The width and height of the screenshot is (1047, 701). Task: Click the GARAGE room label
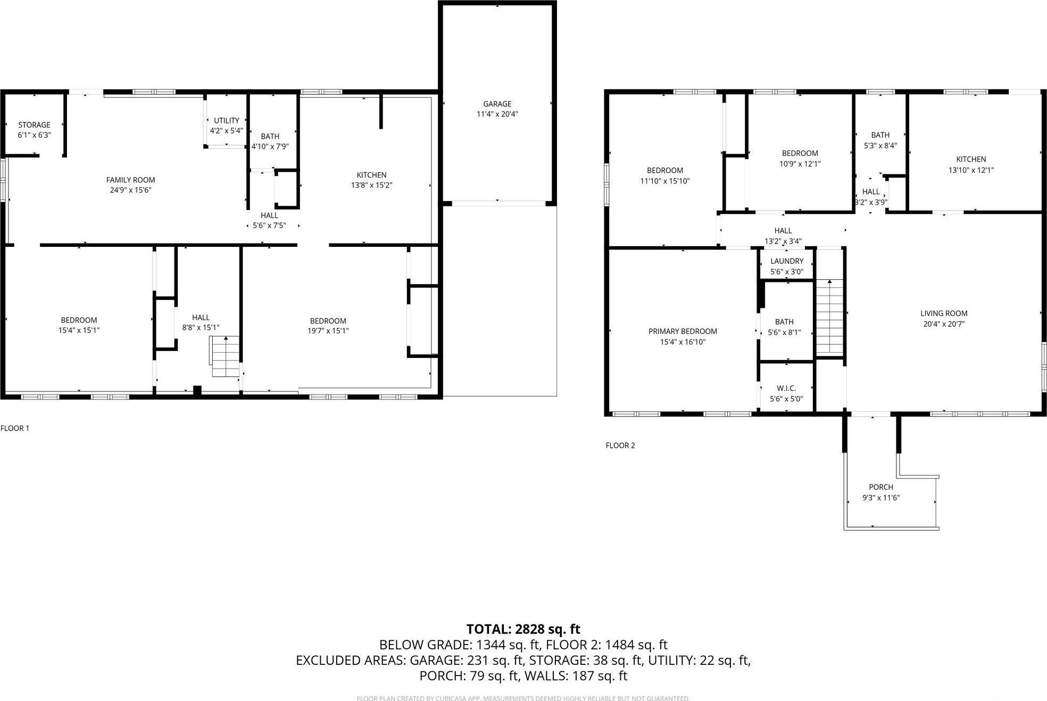point(497,104)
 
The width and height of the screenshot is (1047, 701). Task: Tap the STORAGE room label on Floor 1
point(34,125)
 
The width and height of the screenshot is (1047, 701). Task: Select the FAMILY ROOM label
point(130,180)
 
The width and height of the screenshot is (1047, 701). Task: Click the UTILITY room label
point(227,121)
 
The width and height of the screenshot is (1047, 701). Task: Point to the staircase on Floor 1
point(225,356)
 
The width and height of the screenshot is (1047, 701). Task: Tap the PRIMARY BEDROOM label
point(683,331)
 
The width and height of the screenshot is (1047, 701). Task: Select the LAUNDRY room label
point(786,261)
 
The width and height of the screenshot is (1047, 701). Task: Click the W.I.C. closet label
point(786,389)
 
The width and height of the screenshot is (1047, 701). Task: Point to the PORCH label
point(880,487)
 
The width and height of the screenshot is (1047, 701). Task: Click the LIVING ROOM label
point(944,314)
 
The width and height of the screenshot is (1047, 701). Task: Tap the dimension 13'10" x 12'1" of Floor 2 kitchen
point(971,170)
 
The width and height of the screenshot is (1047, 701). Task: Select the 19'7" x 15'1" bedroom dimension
point(328,331)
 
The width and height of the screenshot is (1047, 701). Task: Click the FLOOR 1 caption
point(15,428)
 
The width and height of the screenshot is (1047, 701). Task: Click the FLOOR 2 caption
point(620,446)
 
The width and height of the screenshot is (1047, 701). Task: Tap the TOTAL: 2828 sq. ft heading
point(523,629)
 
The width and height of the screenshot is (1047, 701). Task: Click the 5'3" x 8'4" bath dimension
point(880,145)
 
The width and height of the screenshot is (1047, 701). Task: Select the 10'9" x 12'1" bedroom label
point(800,164)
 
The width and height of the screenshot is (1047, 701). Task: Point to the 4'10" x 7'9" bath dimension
point(270,146)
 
